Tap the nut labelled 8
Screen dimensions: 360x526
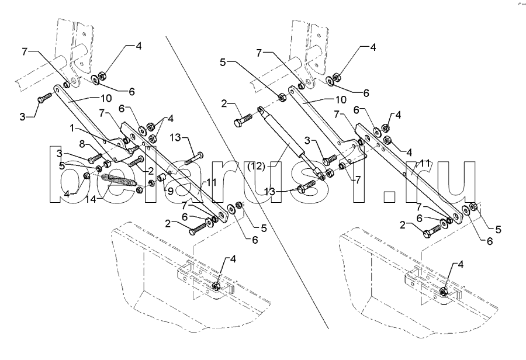108,155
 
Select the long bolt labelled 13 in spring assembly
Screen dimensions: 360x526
195,157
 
